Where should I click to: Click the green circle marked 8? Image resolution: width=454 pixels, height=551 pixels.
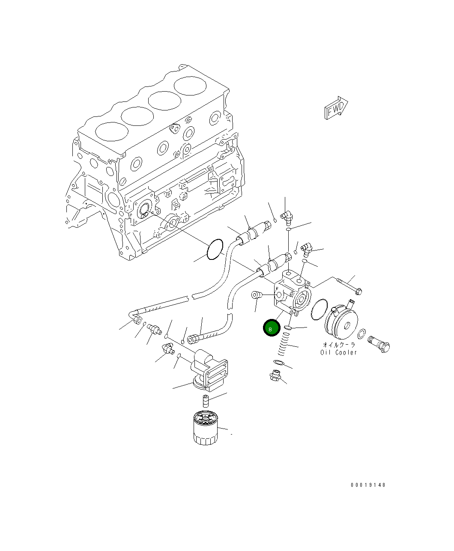pyautogui.click(x=271, y=328)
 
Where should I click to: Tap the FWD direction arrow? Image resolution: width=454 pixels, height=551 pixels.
pyautogui.click(x=336, y=108)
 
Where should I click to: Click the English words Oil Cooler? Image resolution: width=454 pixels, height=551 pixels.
pyautogui.click(x=338, y=352)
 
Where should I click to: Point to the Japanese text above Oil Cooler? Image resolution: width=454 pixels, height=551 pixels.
pyautogui.click(x=339, y=345)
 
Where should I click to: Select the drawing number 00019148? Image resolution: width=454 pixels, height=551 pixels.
pyautogui.click(x=368, y=485)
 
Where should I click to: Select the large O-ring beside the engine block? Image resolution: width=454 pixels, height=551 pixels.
pyautogui.click(x=215, y=250)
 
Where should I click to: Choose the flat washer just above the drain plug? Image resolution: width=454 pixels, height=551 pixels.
pyautogui.click(x=279, y=363)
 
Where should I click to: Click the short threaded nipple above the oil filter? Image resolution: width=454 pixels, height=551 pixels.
pyautogui.click(x=206, y=401)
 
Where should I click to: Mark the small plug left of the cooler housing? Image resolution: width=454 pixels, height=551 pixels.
pyautogui.click(x=257, y=295)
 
